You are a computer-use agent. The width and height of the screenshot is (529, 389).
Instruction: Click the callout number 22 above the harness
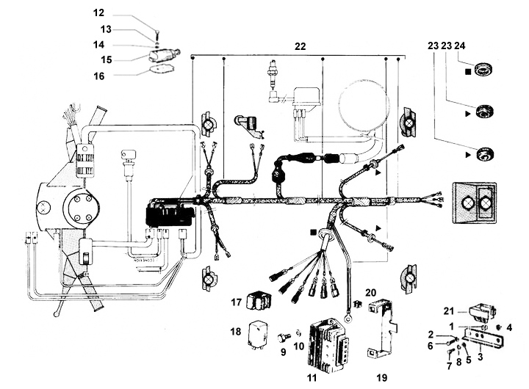click(x=300, y=46)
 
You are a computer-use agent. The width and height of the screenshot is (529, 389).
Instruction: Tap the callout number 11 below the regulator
click(x=312, y=378)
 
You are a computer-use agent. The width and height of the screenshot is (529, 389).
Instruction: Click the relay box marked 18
click(x=259, y=333)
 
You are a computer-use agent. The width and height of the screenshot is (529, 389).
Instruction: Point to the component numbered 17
click(x=259, y=301)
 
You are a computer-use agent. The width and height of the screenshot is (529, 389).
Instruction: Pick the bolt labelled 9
click(x=284, y=337)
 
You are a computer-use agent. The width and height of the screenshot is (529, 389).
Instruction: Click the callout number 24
click(x=459, y=46)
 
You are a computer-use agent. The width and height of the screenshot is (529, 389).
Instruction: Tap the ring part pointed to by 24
click(x=484, y=70)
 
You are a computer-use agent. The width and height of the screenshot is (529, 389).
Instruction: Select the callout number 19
click(x=382, y=378)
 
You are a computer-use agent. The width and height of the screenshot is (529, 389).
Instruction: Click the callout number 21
click(x=448, y=310)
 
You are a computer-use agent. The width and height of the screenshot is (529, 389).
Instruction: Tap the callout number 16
click(x=99, y=76)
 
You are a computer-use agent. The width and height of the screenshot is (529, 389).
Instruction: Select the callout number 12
click(x=98, y=12)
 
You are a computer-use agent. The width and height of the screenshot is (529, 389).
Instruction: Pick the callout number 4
click(x=509, y=327)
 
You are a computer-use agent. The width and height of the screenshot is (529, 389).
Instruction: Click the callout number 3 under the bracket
click(x=480, y=356)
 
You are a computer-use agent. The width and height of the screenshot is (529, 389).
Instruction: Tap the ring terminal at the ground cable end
click(x=347, y=317)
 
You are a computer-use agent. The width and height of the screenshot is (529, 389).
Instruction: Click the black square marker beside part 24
click(x=468, y=72)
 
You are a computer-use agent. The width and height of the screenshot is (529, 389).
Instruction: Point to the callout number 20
click(x=370, y=293)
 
